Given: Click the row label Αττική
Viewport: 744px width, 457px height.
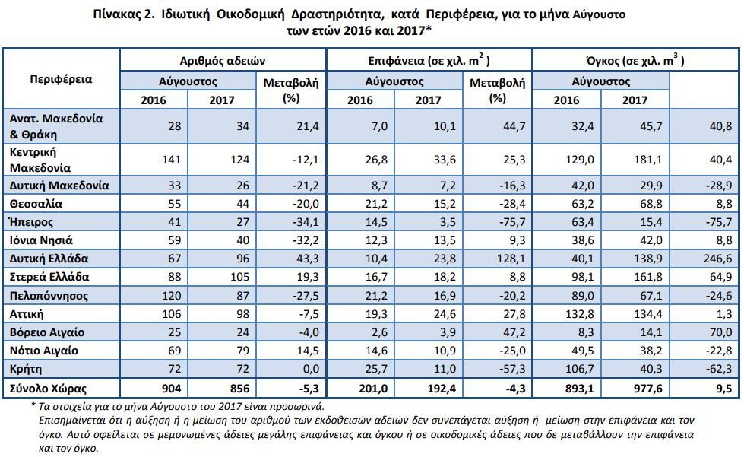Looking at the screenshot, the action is pyautogui.click(x=27, y=314).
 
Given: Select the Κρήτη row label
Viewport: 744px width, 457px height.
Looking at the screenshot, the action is pyautogui.click(x=26, y=370).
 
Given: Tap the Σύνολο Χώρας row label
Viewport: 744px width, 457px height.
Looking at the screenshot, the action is pyautogui.click(x=48, y=389).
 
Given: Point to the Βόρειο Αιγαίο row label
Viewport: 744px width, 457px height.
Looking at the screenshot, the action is pyautogui.click(x=47, y=332).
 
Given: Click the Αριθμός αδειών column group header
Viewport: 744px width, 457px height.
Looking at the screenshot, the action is pyautogui.click(x=222, y=61).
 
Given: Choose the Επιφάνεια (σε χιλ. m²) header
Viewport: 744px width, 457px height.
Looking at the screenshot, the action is pyautogui.click(x=429, y=60).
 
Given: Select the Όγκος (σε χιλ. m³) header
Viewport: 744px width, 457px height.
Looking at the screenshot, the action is pyautogui.click(x=635, y=60).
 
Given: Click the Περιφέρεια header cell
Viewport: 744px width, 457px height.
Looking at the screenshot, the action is pyautogui.click(x=62, y=79).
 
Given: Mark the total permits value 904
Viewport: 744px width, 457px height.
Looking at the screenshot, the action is pyautogui.click(x=171, y=389).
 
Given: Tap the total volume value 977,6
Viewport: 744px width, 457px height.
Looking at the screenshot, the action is pyautogui.click(x=647, y=389).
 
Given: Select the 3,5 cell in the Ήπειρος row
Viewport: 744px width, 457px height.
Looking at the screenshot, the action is pyautogui.click(x=448, y=222).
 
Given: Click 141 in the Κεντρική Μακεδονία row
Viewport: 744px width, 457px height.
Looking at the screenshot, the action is pyautogui.click(x=171, y=160).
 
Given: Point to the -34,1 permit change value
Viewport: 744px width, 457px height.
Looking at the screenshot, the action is pyautogui.click(x=306, y=222).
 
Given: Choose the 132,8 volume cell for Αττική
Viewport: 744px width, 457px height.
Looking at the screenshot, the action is pyautogui.click(x=579, y=314).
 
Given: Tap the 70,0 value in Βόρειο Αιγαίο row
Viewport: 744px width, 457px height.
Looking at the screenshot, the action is pyautogui.click(x=720, y=332).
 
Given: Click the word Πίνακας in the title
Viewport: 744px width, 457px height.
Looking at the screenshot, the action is pyautogui.click(x=115, y=14).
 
